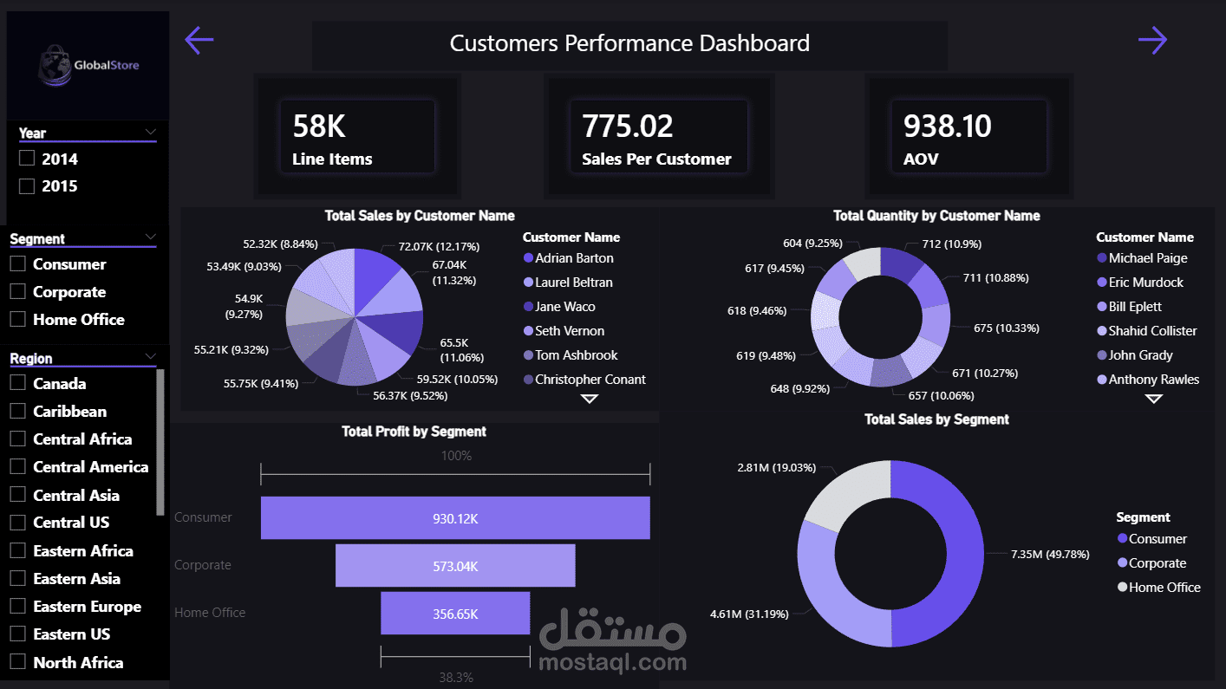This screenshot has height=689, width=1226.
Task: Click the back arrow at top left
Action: click(199, 40)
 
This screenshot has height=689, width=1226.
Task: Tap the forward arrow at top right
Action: click(1152, 40)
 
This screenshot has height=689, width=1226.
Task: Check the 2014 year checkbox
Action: click(27, 159)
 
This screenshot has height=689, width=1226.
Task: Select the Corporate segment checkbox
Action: click(17, 292)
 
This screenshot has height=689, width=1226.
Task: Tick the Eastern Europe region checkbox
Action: click(17, 607)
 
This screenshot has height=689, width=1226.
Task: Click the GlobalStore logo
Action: click(88, 65)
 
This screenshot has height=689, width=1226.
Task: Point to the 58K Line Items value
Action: click(319, 127)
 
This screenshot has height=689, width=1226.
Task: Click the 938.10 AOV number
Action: click(947, 127)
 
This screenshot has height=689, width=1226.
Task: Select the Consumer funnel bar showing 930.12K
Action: click(455, 518)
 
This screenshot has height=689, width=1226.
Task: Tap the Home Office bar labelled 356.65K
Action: click(455, 614)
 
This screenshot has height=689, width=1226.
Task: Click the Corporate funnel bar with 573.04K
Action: click(455, 566)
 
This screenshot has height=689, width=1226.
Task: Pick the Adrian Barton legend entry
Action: click(574, 258)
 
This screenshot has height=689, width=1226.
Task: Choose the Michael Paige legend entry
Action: click(1147, 258)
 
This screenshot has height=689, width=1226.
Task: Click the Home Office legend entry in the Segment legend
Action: click(1164, 588)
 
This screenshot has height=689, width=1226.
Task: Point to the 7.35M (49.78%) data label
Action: click(1050, 554)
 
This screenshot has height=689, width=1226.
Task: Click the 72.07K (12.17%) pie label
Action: click(439, 247)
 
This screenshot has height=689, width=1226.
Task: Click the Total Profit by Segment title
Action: click(414, 432)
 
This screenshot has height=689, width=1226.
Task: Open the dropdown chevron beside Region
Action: click(151, 356)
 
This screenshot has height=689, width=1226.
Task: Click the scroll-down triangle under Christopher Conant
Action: click(590, 399)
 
